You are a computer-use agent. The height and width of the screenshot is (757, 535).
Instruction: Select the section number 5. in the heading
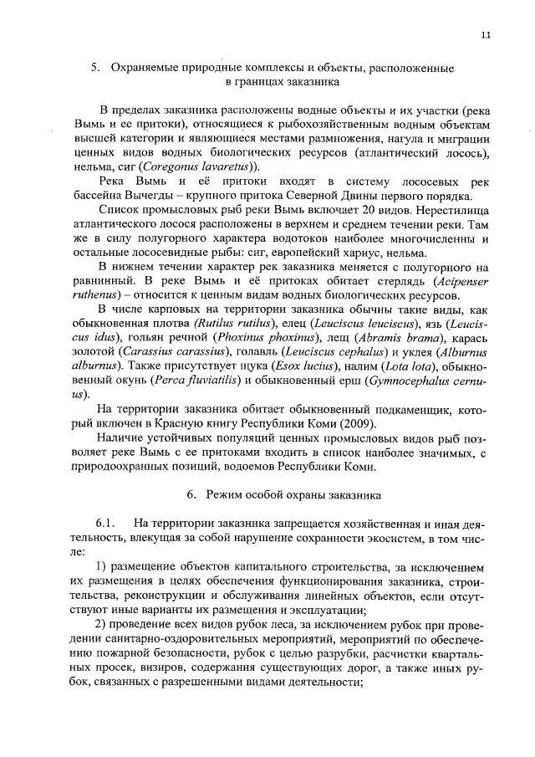tap(94, 66)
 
